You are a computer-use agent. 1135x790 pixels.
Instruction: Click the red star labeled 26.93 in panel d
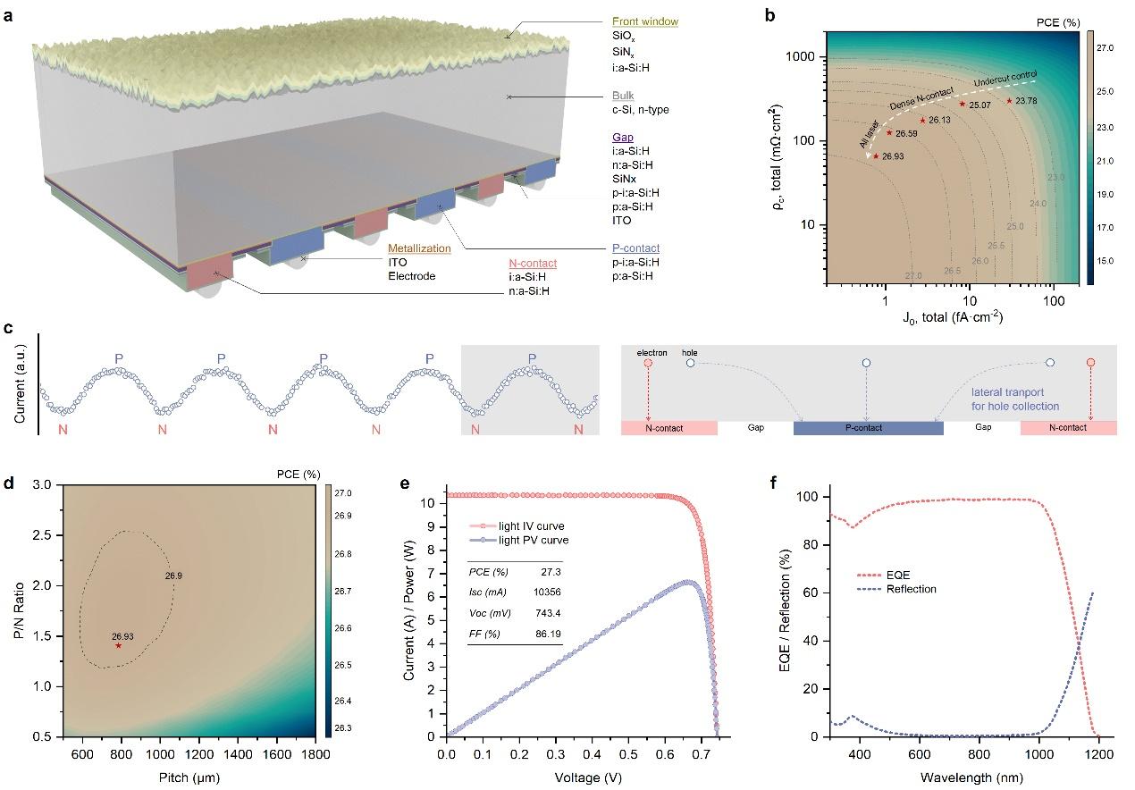pos(118,645)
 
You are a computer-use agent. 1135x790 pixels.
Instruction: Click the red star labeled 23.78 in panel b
pos(1009,100)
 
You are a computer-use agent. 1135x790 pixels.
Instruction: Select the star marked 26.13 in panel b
pos(922,120)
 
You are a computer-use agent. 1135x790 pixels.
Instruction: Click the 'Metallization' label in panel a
pos(419,248)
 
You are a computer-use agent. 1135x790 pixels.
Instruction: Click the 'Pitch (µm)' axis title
pos(187,777)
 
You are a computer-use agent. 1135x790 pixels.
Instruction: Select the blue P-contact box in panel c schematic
pos(868,428)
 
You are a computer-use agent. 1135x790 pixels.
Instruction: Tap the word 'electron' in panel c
pos(652,353)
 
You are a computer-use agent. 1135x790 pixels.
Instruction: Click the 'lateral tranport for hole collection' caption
pos(1015,399)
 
